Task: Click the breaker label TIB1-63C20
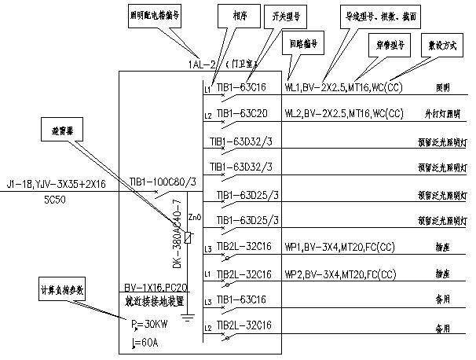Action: [243, 114]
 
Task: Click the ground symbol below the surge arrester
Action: [187, 318]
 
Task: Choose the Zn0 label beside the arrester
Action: [196, 216]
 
